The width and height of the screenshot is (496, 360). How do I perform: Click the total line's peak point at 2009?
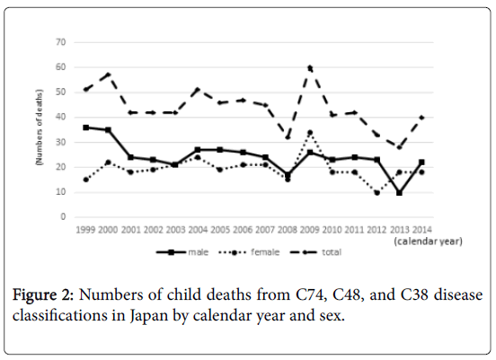coord(310,67)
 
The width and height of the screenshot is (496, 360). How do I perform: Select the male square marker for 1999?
coord(85,127)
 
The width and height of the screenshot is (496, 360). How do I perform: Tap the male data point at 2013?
coord(399,192)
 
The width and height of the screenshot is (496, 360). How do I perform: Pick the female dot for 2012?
coord(376,192)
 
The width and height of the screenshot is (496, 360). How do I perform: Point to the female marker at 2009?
coord(310,133)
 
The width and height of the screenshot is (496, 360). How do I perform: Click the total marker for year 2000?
coord(108,75)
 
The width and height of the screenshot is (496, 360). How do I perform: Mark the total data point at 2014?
coord(421,118)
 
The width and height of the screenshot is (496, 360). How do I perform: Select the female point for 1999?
coord(85,180)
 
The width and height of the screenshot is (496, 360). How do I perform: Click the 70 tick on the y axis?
coord(61,42)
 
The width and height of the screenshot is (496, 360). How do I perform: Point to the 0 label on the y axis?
coord(63,217)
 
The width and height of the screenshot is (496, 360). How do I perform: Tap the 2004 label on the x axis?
coord(198,230)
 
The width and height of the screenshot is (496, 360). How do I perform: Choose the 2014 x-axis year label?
coord(422,230)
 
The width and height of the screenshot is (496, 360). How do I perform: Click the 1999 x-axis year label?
coord(85,230)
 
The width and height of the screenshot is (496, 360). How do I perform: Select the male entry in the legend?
coord(182,252)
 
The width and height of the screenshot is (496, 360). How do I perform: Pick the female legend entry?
coord(249,252)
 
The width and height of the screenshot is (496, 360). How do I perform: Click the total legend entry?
coord(315,252)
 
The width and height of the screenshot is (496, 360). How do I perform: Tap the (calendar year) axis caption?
coord(428,241)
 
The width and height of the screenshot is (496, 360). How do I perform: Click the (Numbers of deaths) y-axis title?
coord(40,127)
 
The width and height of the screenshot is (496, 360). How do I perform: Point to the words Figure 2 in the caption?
coord(43,295)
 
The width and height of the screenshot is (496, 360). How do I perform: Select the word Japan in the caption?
coord(148,315)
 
